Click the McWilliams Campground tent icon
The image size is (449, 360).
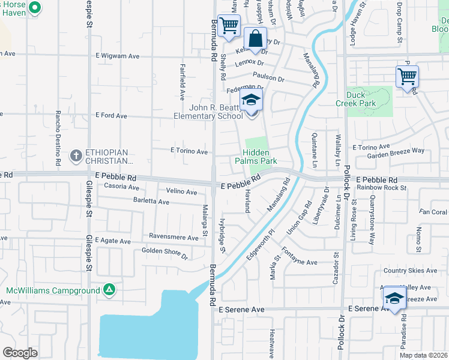(x=109, y=291)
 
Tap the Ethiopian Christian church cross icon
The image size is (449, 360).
(x=76, y=155)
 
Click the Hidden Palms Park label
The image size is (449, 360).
(x=259, y=157)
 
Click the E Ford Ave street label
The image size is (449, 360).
(x=112, y=115)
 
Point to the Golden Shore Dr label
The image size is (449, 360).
(x=164, y=252)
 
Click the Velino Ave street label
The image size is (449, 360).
(x=182, y=192)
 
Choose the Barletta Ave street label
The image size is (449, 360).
(x=151, y=202)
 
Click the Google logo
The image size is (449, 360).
(x=20, y=353)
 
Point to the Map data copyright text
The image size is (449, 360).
(x=423, y=355)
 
